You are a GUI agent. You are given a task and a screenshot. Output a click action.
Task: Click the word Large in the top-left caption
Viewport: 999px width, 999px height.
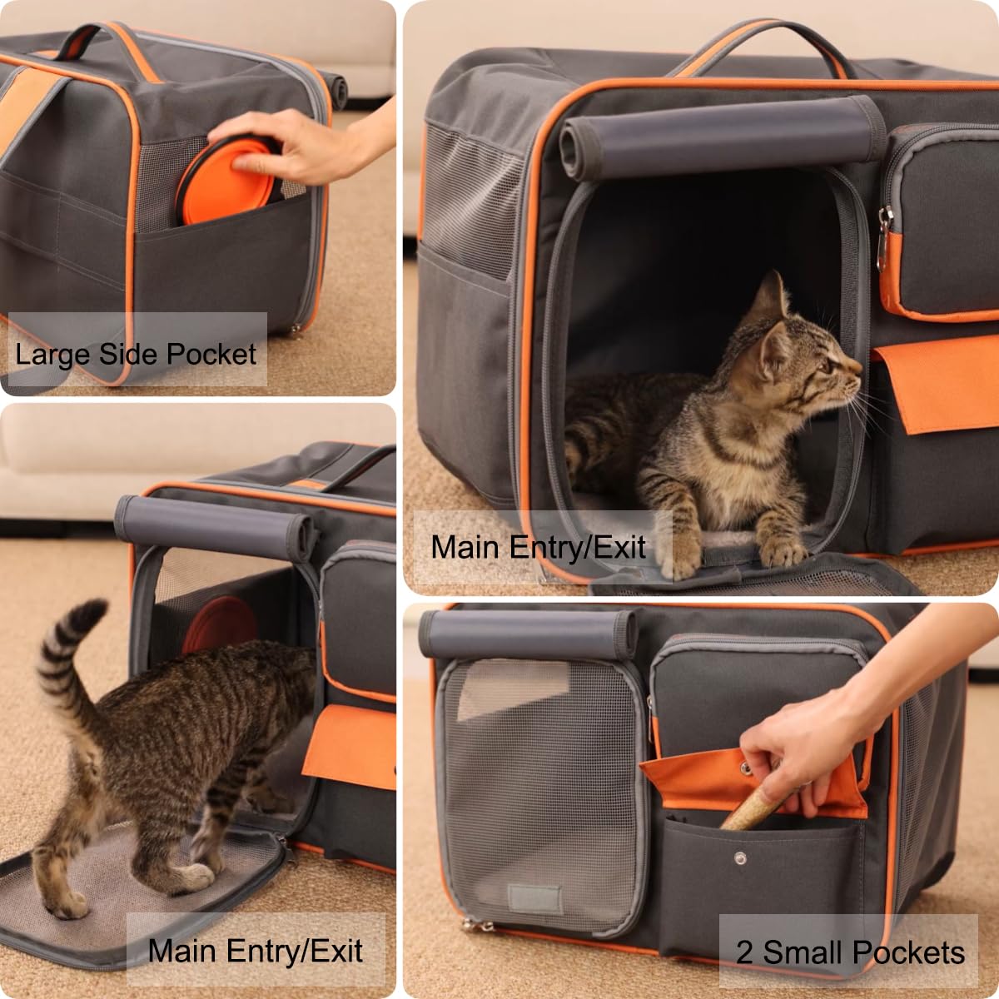(52, 355)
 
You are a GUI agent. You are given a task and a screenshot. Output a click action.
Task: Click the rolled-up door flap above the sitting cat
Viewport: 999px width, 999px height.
(716, 137)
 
